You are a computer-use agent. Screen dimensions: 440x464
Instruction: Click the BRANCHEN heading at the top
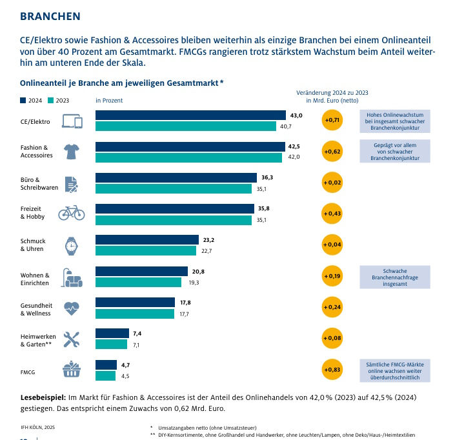[x=50, y=15]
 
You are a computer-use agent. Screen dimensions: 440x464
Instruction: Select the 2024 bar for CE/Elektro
[x=190, y=115]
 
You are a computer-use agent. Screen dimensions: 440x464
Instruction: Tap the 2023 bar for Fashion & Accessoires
[x=188, y=157]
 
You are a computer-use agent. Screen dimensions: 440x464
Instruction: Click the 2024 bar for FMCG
[x=106, y=365]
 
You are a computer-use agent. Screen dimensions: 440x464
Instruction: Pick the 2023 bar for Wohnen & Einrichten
[x=139, y=283]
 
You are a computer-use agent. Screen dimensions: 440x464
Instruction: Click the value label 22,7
[x=207, y=252]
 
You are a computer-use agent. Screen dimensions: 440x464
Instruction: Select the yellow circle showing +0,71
[x=332, y=120]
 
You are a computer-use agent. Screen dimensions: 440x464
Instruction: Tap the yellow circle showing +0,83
[x=332, y=370]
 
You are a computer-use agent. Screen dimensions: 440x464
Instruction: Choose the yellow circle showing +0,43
[x=332, y=214]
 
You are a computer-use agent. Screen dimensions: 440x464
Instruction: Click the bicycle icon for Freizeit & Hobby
[x=71, y=213]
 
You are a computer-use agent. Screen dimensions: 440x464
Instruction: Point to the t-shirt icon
[x=71, y=152]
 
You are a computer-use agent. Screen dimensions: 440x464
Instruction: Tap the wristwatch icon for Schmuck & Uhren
[x=71, y=245]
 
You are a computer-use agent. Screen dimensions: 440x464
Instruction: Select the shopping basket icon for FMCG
[x=71, y=370]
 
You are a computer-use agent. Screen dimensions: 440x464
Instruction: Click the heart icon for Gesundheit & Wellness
[x=71, y=308]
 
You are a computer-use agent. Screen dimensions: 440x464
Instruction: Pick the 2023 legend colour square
[x=51, y=101]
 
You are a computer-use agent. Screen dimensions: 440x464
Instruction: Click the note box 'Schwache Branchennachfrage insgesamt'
[x=396, y=276]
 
